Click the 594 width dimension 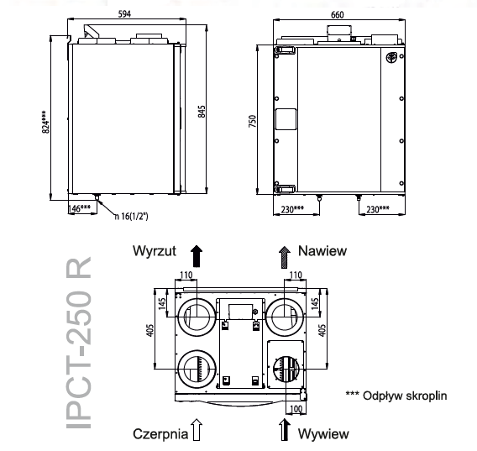pos(124,14)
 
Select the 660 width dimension pos(338,14)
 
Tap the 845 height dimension pos(202,112)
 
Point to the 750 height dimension pos(253,121)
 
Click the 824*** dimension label pos(45,122)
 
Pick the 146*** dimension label pos(79,208)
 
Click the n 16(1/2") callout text pos(131,217)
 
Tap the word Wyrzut pos(155,251)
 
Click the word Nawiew pos(322,251)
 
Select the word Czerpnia pos(160,433)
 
